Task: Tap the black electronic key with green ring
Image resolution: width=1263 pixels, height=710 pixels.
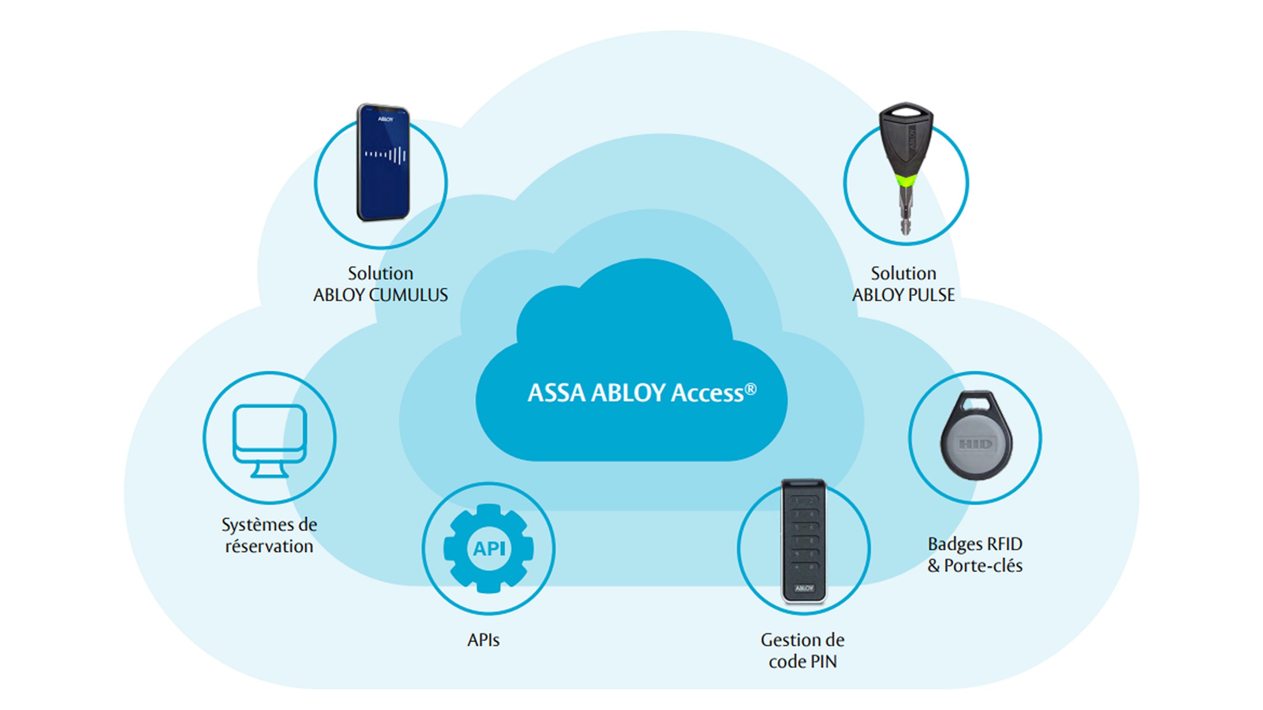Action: pyautogui.click(x=906, y=147)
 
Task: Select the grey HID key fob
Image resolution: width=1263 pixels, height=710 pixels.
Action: pyautogui.click(x=975, y=436)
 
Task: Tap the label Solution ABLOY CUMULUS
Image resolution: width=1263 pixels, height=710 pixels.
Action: pyautogui.click(x=381, y=284)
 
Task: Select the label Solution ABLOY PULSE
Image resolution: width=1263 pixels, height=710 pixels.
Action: pyautogui.click(x=903, y=284)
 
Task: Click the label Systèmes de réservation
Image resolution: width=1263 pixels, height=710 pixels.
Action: pyautogui.click(x=269, y=536)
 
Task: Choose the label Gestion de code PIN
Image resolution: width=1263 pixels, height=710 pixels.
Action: pyautogui.click(x=803, y=651)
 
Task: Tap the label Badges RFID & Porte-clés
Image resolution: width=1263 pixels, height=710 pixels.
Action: pyautogui.click(x=975, y=555)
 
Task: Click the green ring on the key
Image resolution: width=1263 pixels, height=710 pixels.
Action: pyautogui.click(x=906, y=181)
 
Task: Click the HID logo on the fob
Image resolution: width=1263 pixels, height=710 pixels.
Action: pyautogui.click(x=975, y=444)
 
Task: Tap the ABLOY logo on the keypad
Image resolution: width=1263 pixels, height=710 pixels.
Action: pyautogui.click(x=804, y=588)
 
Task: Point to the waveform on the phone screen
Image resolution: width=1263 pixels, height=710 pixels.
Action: pyautogui.click(x=386, y=155)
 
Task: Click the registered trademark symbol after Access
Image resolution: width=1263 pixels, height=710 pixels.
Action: pyautogui.click(x=751, y=389)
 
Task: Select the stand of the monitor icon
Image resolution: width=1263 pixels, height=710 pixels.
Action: pyautogui.click(x=269, y=470)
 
